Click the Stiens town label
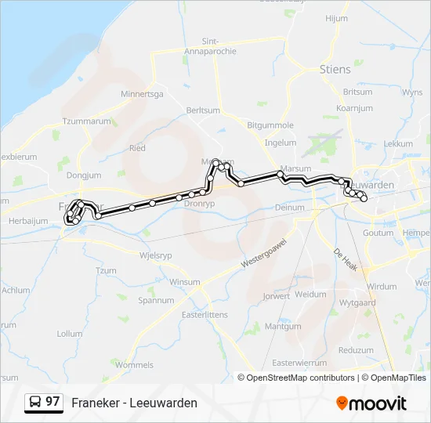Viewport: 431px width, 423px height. tap(335, 69)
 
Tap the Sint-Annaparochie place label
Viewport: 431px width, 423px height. tap(220, 46)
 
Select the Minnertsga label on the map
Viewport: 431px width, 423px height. tap(142, 94)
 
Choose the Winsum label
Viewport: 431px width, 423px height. tap(185, 282)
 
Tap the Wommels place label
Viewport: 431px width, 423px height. tap(134, 365)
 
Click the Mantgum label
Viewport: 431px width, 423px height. tap(283, 327)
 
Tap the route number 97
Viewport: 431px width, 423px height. tap(53, 402)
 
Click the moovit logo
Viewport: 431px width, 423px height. tap(371, 403)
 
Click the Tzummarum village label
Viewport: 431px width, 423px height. tap(87, 121)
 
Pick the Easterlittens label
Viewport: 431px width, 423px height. tap(204, 314)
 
